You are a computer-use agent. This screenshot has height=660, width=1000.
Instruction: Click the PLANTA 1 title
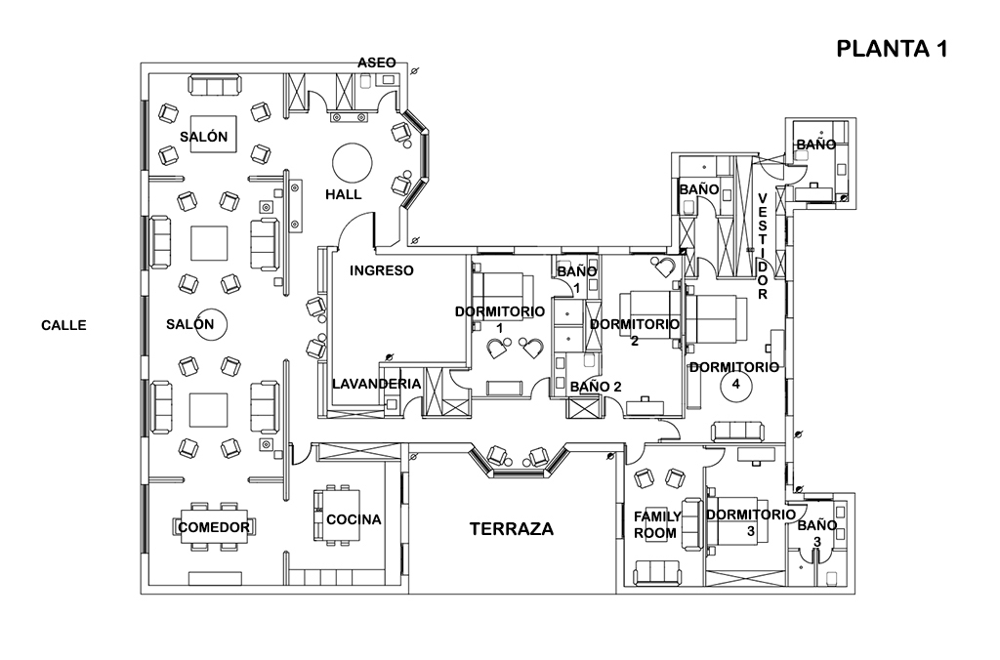(x=892, y=50)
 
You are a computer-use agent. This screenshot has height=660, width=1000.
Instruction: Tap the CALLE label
(x=64, y=325)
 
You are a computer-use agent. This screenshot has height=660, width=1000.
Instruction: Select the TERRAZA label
(x=511, y=529)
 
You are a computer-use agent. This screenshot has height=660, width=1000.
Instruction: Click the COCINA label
(x=354, y=519)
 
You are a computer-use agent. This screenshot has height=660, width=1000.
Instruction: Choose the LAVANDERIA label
(x=376, y=384)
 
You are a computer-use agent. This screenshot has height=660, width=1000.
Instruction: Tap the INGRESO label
(x=382, y=270)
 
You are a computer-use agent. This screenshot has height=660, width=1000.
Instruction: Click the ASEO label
(x=376, y=62)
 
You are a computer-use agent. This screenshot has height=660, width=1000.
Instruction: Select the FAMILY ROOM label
(x=657, y=524)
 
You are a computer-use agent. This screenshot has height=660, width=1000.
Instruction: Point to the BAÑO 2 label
(x=596, y=387)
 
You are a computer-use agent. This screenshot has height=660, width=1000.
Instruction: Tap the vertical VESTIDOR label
(x=763, y=245)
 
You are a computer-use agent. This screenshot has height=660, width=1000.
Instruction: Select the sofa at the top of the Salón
(x=214, y=87)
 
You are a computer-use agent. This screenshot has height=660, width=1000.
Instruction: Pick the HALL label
(x=343, y=194)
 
